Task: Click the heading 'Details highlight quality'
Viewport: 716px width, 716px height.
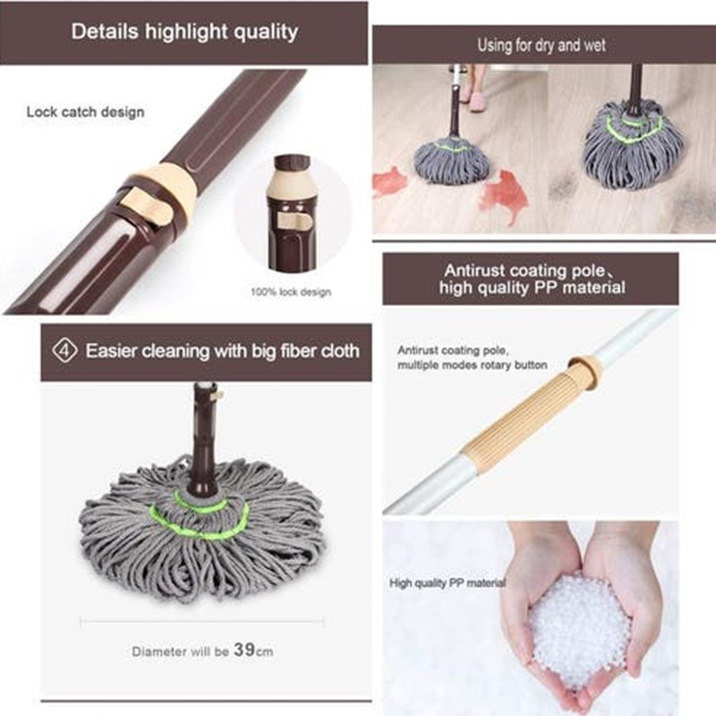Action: (184, 31)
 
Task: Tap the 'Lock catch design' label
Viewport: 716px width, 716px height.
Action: (85, 112)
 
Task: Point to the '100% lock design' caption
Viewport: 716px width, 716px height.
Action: (291, 292)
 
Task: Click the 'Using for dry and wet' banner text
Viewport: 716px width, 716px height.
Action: (541, 46)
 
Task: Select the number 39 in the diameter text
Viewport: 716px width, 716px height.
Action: (244, 650)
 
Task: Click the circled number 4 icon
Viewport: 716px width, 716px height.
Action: (64, 351)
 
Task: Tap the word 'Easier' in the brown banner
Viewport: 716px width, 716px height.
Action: (111, 351)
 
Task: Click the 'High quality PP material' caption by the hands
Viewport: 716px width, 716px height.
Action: (447, 584)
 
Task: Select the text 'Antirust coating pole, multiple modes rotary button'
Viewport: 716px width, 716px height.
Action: (473, 357)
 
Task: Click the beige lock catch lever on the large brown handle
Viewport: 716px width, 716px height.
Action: (147, 207)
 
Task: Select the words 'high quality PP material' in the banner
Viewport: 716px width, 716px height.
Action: (532, 287)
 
